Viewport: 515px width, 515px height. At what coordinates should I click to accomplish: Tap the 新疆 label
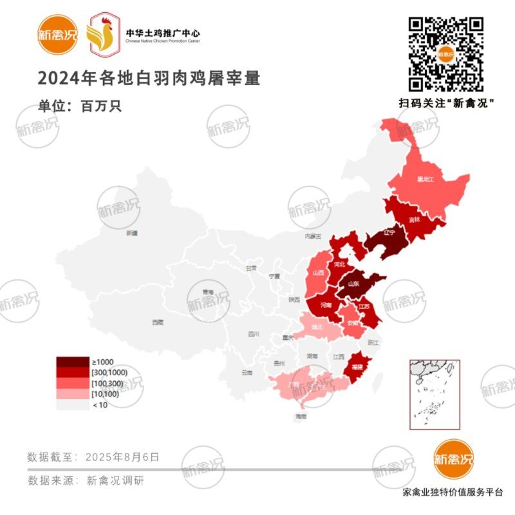pyautogui.click(x=132, y=233)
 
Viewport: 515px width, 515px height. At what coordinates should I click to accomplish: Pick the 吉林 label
pyautogui.click(x=415, y=220)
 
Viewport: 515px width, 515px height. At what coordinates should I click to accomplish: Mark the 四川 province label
pyautogui.click(x=254, y=334)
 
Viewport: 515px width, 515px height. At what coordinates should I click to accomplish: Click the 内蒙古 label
pyautogui.click(x=312, y=237)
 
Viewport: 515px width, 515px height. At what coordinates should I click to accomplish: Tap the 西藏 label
pyautogui.click(x=158, y=321)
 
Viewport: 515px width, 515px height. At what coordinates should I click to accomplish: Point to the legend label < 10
pyautogui.click(x=100, y=406)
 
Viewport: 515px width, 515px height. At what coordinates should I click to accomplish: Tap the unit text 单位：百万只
pyautogui.click(x=80, y=106)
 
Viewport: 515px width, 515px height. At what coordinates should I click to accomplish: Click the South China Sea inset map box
pyautogui.click(x=435, y=394)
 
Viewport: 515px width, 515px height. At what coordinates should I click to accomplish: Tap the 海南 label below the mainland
pyautogui.click(x=301, y=417)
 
